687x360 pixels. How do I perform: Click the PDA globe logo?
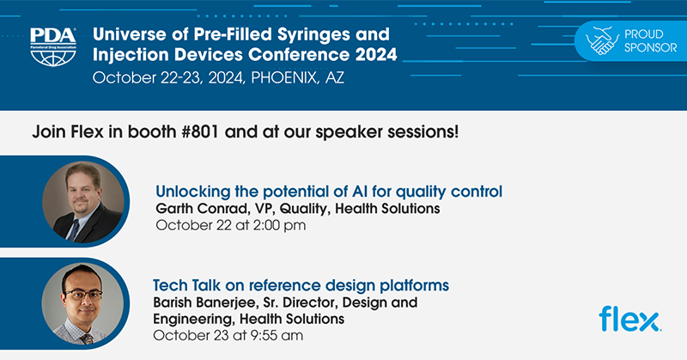(x=52, y=52)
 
